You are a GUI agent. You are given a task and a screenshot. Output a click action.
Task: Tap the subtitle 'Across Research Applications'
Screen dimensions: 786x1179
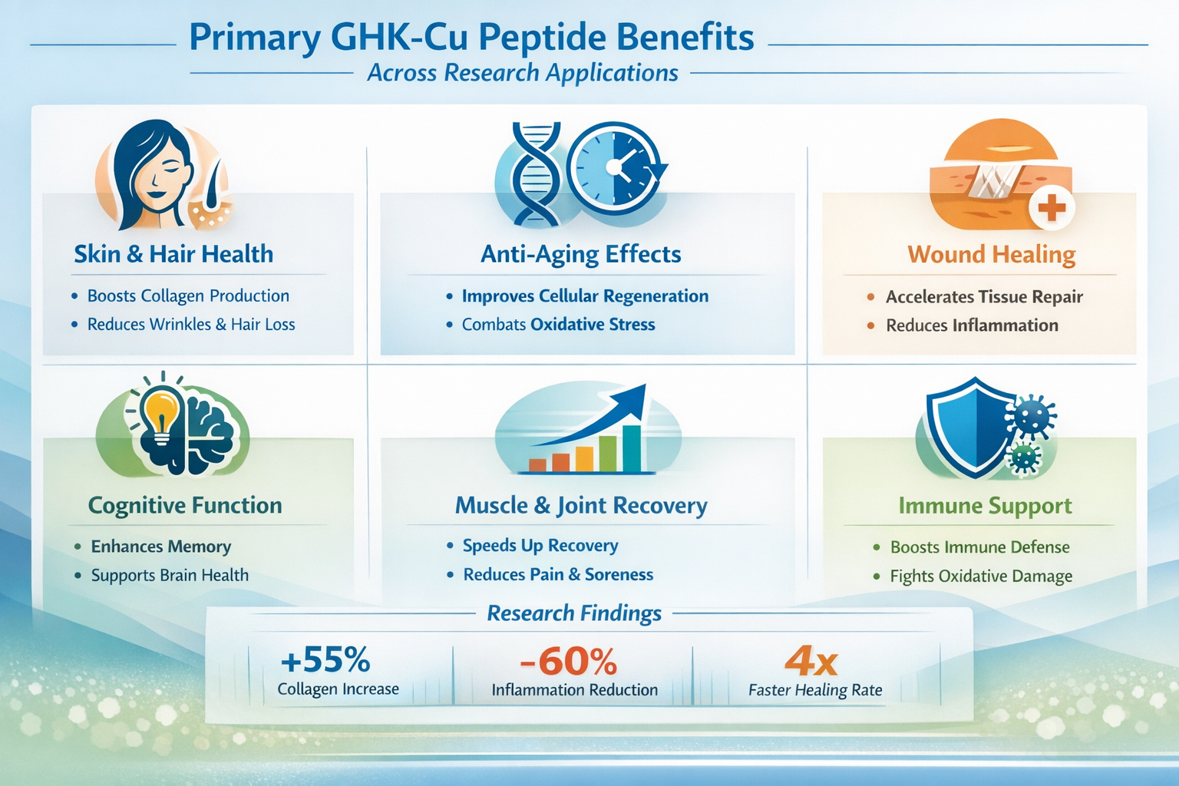pos(522,73)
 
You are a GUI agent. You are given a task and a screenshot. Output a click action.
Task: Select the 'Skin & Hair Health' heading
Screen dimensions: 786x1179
pos(173,254)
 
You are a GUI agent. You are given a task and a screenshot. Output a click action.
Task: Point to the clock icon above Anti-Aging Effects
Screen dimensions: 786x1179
pos(614,167)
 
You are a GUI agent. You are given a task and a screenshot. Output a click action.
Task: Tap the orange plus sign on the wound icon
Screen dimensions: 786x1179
pos(1052,207)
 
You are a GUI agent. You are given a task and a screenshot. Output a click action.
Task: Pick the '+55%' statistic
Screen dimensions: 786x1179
pos(325,659)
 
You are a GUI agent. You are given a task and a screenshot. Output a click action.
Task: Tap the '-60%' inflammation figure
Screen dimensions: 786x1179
pos(568,661)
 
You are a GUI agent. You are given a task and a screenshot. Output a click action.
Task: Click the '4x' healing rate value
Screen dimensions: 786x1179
pos(811,661)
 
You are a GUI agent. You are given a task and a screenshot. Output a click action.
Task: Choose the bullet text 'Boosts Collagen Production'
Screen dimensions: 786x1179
pos(188,296)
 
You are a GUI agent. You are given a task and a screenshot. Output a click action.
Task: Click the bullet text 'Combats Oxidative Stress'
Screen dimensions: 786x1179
pos(558,325)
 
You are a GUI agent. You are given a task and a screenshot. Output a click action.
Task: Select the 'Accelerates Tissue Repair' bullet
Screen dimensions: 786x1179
pos(984,297)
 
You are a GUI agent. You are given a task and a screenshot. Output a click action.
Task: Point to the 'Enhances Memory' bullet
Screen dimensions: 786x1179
pos(161,547)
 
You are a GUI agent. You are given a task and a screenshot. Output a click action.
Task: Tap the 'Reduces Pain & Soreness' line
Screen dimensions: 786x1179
pos(558,575)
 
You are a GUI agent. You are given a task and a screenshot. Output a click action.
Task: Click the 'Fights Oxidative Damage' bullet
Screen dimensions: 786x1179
pos(981,576)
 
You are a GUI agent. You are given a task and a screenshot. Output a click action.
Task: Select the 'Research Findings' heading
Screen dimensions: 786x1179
pos(574,613)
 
